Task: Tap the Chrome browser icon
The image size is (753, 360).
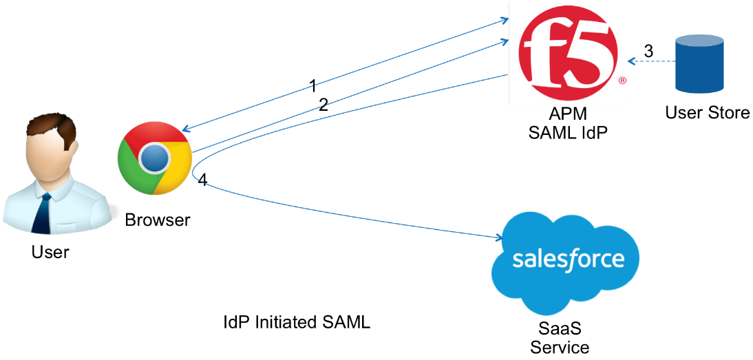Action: click(154, 159)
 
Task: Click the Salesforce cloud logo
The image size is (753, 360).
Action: click(567, 261)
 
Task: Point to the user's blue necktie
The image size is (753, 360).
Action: click(42, 213)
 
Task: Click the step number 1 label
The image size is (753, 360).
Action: click(313, 86)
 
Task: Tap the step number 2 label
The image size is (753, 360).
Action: click(323, 105)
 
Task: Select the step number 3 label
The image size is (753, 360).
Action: click(648, 51)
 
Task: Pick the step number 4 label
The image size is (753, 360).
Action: click(202, 180)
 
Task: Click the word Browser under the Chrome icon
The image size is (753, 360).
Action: click(157, 220)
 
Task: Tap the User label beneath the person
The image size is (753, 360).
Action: click(50, 253)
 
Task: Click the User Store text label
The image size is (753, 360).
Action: click(707, 113)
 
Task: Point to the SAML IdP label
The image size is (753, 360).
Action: click(568, 132)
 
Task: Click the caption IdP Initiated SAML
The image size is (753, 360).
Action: click(297, 322)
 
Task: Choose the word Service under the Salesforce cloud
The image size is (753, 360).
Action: click(560, 347)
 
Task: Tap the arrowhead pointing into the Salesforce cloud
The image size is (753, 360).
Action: click(499, 239)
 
